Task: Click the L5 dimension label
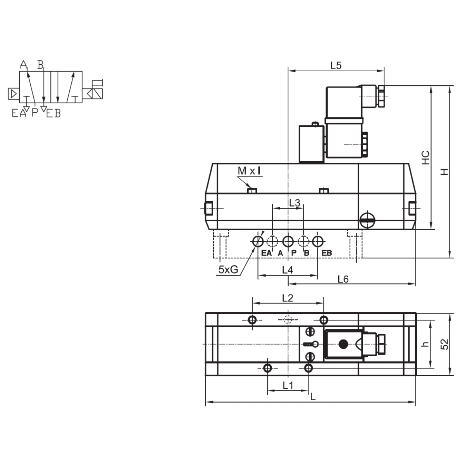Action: (336, 65)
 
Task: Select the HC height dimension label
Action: (425, 158)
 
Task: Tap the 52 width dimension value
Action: (444, 344)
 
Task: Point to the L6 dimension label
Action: (343, 279)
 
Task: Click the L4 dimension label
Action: (288, 270)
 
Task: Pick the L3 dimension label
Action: (294, 203)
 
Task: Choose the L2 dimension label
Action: (288, 298)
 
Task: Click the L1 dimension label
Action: (288, 386)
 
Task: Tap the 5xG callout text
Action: (228, 270)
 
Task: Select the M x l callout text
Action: (249, 171)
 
